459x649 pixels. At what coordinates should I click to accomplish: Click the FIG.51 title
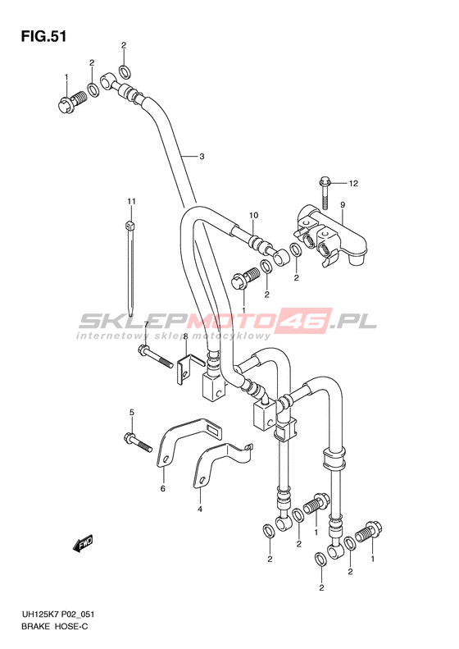43,37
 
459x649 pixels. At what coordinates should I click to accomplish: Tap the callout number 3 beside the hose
202,157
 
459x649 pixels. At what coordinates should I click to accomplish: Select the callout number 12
352,183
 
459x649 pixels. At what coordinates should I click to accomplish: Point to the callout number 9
343,204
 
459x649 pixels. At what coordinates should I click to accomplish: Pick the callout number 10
253,215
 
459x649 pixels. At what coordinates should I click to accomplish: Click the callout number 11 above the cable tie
131,202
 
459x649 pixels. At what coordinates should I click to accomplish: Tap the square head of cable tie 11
129,226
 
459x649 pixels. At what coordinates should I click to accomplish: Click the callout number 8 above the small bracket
186,336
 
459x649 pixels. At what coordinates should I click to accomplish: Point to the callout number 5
131,412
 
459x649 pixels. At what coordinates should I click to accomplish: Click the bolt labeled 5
138,442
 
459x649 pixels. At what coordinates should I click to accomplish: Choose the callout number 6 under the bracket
163,489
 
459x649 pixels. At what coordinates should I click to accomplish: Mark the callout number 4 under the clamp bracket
200,509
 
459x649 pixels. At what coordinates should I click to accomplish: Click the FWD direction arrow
83,544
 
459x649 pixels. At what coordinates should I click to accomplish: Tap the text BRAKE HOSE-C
55,627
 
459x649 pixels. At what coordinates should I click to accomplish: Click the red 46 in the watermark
309,321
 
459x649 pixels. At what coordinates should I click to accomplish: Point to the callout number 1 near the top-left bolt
66,77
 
